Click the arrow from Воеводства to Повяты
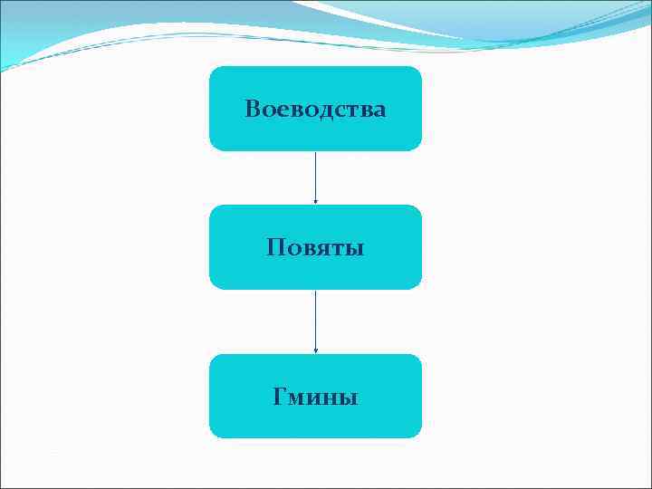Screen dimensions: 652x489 315,177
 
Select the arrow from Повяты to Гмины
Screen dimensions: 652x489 315,321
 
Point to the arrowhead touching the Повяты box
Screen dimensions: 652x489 315,201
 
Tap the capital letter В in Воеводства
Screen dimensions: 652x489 253,110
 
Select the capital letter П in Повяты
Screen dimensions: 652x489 275,247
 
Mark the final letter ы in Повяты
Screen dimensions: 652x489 355,248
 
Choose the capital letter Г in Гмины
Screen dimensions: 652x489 280,397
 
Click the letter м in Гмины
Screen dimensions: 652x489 297,398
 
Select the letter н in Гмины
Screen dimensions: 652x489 332,398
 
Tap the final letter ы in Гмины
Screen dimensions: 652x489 350,398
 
